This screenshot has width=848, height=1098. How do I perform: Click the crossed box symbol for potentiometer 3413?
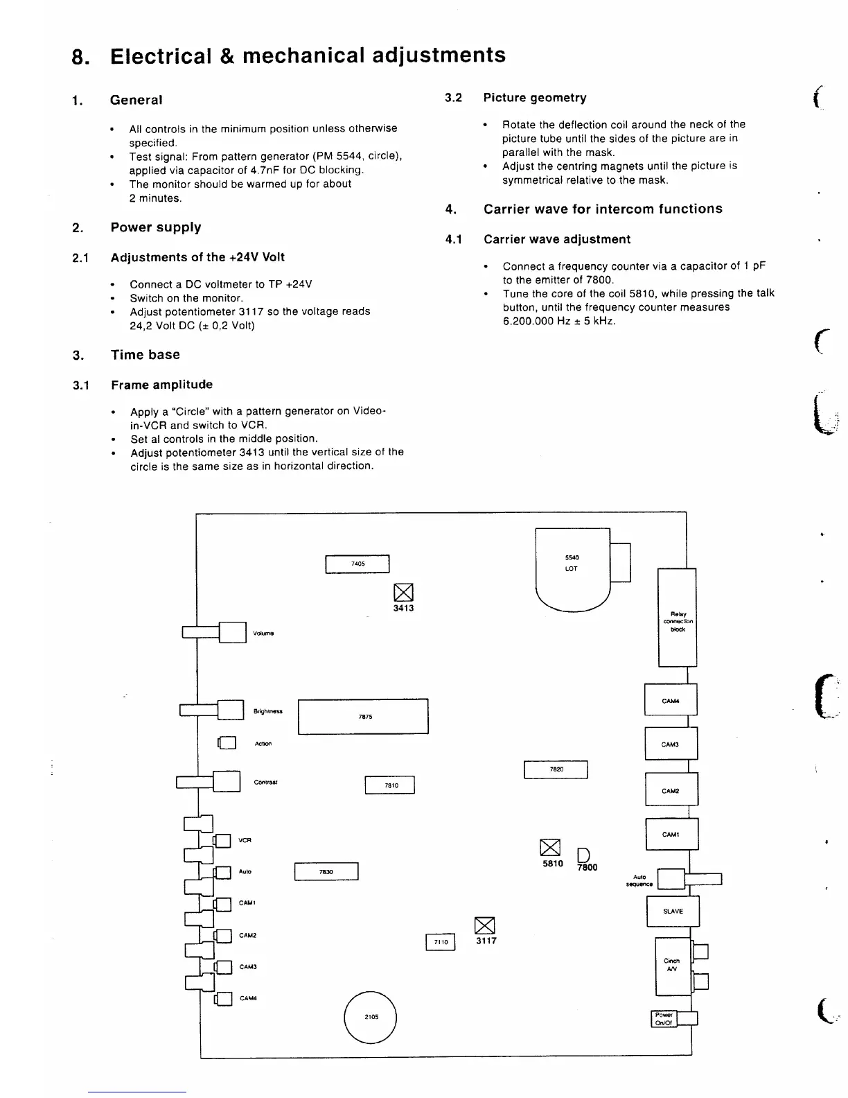click(403, 592)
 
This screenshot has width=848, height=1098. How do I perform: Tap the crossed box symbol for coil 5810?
click(549, 848)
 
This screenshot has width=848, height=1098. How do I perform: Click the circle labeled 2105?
click(371, 1017)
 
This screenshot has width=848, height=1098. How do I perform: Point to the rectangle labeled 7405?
click(357, 564)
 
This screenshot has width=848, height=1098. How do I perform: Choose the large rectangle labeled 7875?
click(363, 717)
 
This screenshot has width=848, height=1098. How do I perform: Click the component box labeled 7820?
click(556, 769)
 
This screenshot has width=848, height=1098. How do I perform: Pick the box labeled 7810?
click(390, 785)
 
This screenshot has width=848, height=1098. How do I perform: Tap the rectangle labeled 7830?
click(326, 871)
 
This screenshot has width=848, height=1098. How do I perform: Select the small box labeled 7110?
click(440, 942)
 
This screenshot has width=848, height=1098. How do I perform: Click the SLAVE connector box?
click(673, 912)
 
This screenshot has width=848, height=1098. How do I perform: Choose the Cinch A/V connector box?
click(672, 966)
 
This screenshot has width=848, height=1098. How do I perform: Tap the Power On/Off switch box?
click(664, 1018)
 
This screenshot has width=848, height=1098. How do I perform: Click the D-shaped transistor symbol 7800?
click(583, 854)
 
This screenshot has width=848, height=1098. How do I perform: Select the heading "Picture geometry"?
click(535, 98)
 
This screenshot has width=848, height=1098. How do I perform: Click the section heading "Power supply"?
click(156, 227)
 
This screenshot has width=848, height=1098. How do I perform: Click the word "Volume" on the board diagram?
click(263, 633)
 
